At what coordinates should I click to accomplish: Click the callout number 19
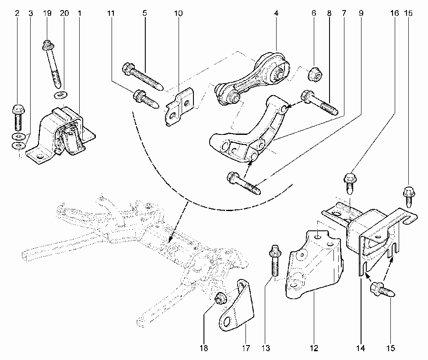[x=47, y=13]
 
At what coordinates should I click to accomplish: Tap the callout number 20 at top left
[x=64, y=13]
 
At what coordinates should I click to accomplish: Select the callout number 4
[x=276, y=13]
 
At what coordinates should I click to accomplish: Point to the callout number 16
[x=394, y=13]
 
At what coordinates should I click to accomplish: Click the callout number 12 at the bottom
[x=314, y=348]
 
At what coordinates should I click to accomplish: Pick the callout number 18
[x=204, y=348]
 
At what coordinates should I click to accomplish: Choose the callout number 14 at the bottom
[x=360, y=348]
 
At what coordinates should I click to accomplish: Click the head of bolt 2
[x=18, y=110]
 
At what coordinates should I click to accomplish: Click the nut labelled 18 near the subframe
[x=221, y=298]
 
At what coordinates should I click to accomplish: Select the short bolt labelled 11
[x=145, y=99]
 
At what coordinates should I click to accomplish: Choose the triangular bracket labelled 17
[x=237, y=306]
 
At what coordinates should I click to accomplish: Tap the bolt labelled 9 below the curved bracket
[x=243, y=183]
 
